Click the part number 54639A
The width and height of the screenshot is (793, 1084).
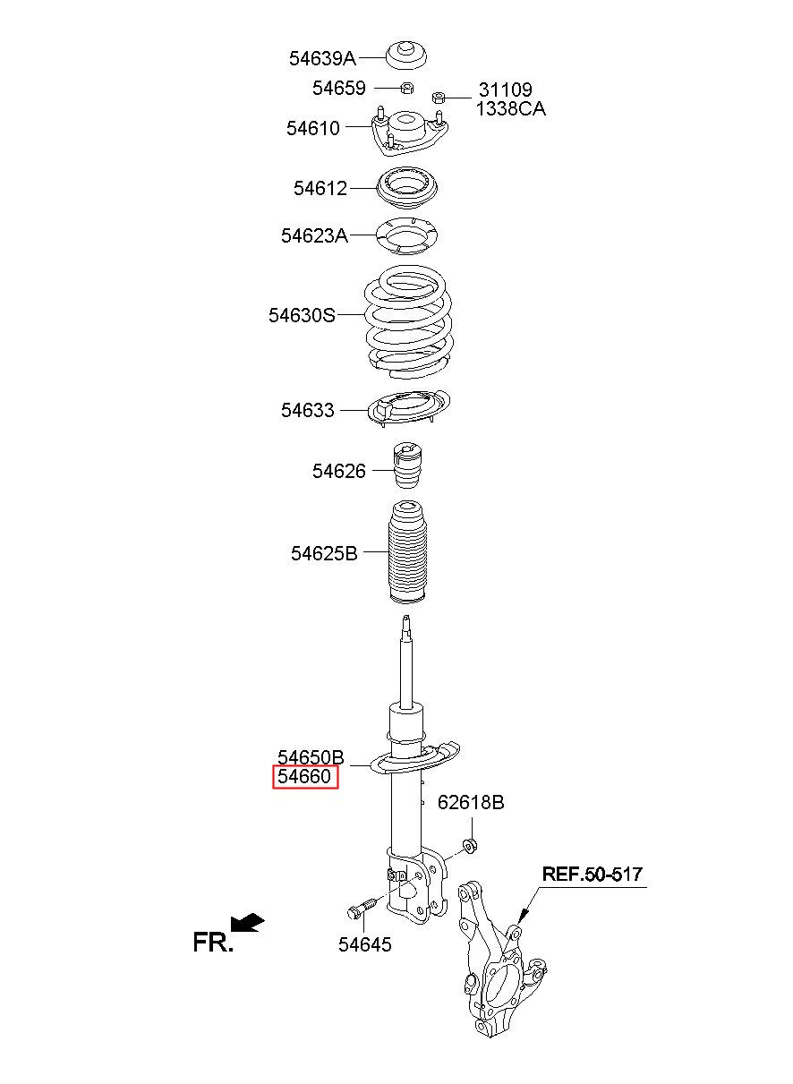(x=322, y=58)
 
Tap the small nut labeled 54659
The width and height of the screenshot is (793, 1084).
(x=407, y=88)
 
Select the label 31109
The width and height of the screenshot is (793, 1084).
(x=505, y=90)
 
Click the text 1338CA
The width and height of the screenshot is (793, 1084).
(x=510, y=109)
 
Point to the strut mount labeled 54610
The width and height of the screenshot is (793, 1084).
(x=409, y=132)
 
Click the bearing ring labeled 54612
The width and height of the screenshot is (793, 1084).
(x=407, y=188)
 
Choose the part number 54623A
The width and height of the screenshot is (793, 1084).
(x=314, y=235)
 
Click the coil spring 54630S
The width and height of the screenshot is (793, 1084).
(x=409, y=322)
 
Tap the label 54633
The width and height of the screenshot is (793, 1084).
(x=308, y=410)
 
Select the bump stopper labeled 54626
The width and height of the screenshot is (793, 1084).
(x=407, y=465)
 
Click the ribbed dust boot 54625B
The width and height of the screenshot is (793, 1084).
(x=407, y=552)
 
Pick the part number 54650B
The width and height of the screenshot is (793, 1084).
(x=311, y=757)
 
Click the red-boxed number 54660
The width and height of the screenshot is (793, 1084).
(x=304, y=777)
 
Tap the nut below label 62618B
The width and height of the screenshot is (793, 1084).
(x=470, y=845)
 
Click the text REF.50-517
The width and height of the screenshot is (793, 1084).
(x=593, y=874)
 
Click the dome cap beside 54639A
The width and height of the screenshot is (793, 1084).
(x=407, y=56)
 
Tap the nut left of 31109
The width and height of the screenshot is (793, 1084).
(x=438, y=97)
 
